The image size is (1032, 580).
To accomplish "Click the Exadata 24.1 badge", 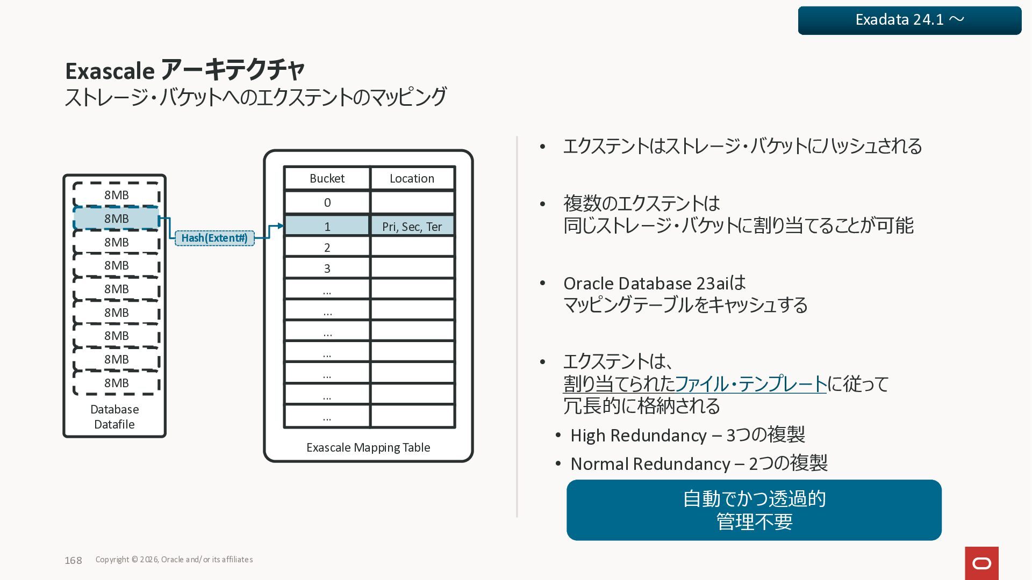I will tap(909, 20).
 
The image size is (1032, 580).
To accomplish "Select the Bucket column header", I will tap(327, 178).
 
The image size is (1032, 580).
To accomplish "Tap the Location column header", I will tap(412, 178).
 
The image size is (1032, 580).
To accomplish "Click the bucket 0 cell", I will tap(327, 202).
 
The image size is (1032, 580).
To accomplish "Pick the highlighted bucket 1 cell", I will tap(327, 226).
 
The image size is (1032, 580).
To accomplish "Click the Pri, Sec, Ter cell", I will tap(412, 226).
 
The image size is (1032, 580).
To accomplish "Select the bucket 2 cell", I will tap(327, 248).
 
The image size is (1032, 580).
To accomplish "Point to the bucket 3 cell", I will tap(327, 269).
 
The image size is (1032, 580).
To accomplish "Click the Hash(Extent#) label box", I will tap(214, 238).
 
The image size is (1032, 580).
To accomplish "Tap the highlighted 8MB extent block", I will tap(116, 219).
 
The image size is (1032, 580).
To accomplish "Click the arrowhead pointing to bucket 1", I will tap(280, 226).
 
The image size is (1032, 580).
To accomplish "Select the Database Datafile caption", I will tap(114, 417).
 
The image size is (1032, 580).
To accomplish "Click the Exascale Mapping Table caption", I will tap(368, 447).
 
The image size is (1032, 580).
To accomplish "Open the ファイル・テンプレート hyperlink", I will tap(750, 384).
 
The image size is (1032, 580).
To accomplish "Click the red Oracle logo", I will tap(981, 563).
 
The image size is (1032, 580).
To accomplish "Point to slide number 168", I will tap(73, 560).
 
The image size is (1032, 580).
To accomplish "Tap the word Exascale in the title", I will tap(110, 71).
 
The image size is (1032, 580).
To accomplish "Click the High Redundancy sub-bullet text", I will tap(687, 435).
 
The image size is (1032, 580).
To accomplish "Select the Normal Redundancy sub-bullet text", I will tap(699, 463).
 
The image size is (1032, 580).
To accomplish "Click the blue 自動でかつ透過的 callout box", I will tap(754, 510).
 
